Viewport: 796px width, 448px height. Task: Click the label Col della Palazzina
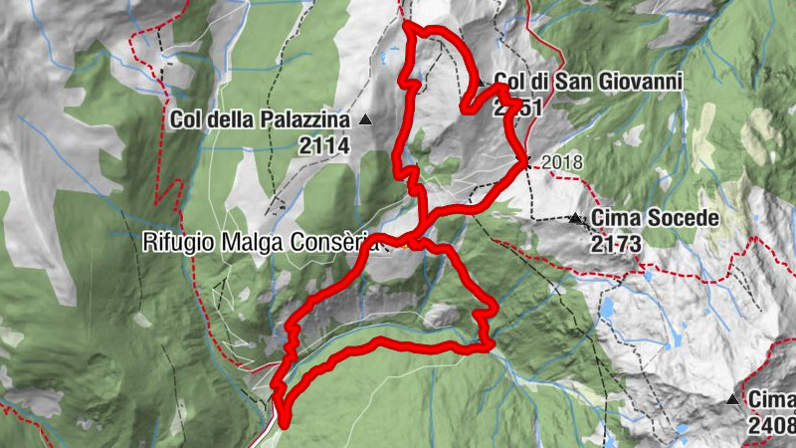[x=261, y=120]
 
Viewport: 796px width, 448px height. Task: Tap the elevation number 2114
[x=323, y=145]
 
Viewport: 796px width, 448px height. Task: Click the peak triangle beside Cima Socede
[x=575, y=217]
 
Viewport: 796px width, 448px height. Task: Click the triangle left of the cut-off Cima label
[x=733, y=400]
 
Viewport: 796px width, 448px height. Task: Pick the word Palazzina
[x=305, y=120]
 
